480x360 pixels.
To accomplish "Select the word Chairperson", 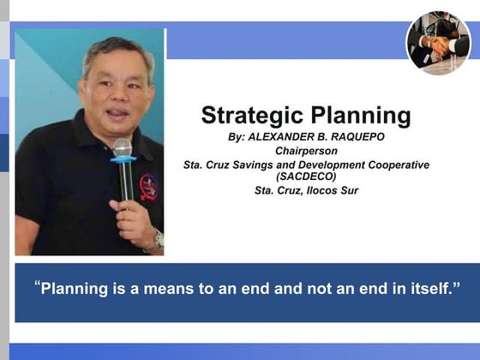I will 305,152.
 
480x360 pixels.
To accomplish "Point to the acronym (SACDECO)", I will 306,177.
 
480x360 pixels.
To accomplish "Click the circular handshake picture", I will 438,43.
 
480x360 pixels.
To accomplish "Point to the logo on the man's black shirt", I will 148,185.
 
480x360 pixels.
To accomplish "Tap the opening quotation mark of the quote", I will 37,285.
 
